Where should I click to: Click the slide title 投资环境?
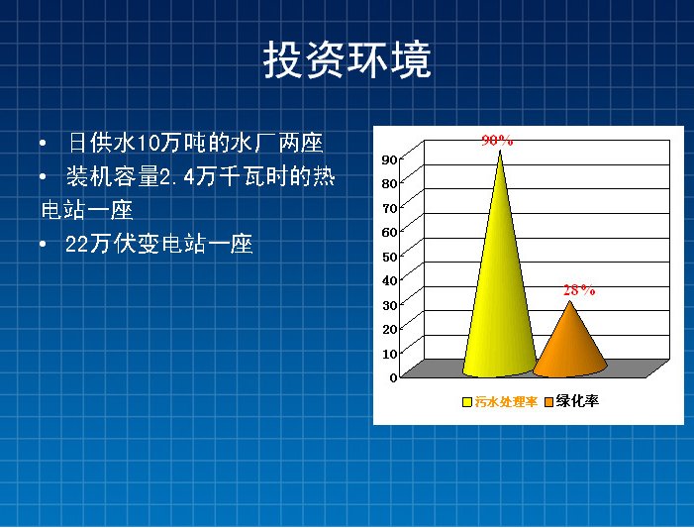(x=347, y=59)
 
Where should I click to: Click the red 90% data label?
(x=497, y=141)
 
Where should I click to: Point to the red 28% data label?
(x=579, y=290)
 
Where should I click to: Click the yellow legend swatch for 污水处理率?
(x=467, y=402)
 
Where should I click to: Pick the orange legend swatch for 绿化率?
(x=548, y=402)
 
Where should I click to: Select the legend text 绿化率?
(x=577, y=401)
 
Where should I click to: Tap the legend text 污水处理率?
(x=506, y=402)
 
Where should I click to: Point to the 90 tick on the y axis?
(x=389, y=159)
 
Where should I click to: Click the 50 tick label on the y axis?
(x=389, y=257)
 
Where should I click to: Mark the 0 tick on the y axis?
(x=393, y=377)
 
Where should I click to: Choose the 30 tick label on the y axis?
(x=389, y=305)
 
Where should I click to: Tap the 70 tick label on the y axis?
(x=389, y=208)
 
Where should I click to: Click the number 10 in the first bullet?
(x=148, y=144)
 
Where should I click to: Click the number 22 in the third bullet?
(x=77, y=244)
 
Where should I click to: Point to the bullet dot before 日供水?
(x=43, y=143)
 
